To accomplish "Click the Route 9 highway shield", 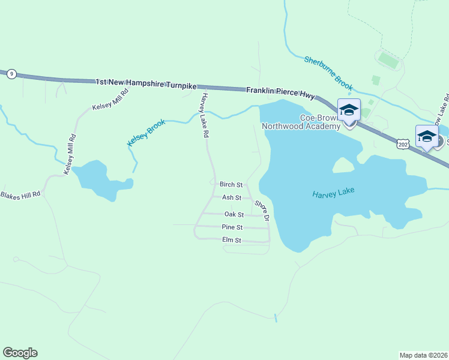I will [11, 74].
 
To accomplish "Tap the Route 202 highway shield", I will [403, 144].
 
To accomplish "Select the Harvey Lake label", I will [333, 193].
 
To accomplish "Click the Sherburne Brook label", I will [328, 74].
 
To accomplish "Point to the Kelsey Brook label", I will [146, 133].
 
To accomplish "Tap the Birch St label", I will [231, 185].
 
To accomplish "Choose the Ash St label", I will [232, 197].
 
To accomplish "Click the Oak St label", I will [234, 214].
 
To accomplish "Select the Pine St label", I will [232, 227].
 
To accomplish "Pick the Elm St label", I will [231, 240].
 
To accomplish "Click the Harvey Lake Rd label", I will [204, 116].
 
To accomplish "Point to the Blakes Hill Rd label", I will [20, 195].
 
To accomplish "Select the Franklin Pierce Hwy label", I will [280, 91].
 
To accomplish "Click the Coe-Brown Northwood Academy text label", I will [301, 122].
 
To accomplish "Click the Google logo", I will [20, 353].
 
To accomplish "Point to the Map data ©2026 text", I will [423, 355].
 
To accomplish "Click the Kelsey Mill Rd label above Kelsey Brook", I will [110, 100].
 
